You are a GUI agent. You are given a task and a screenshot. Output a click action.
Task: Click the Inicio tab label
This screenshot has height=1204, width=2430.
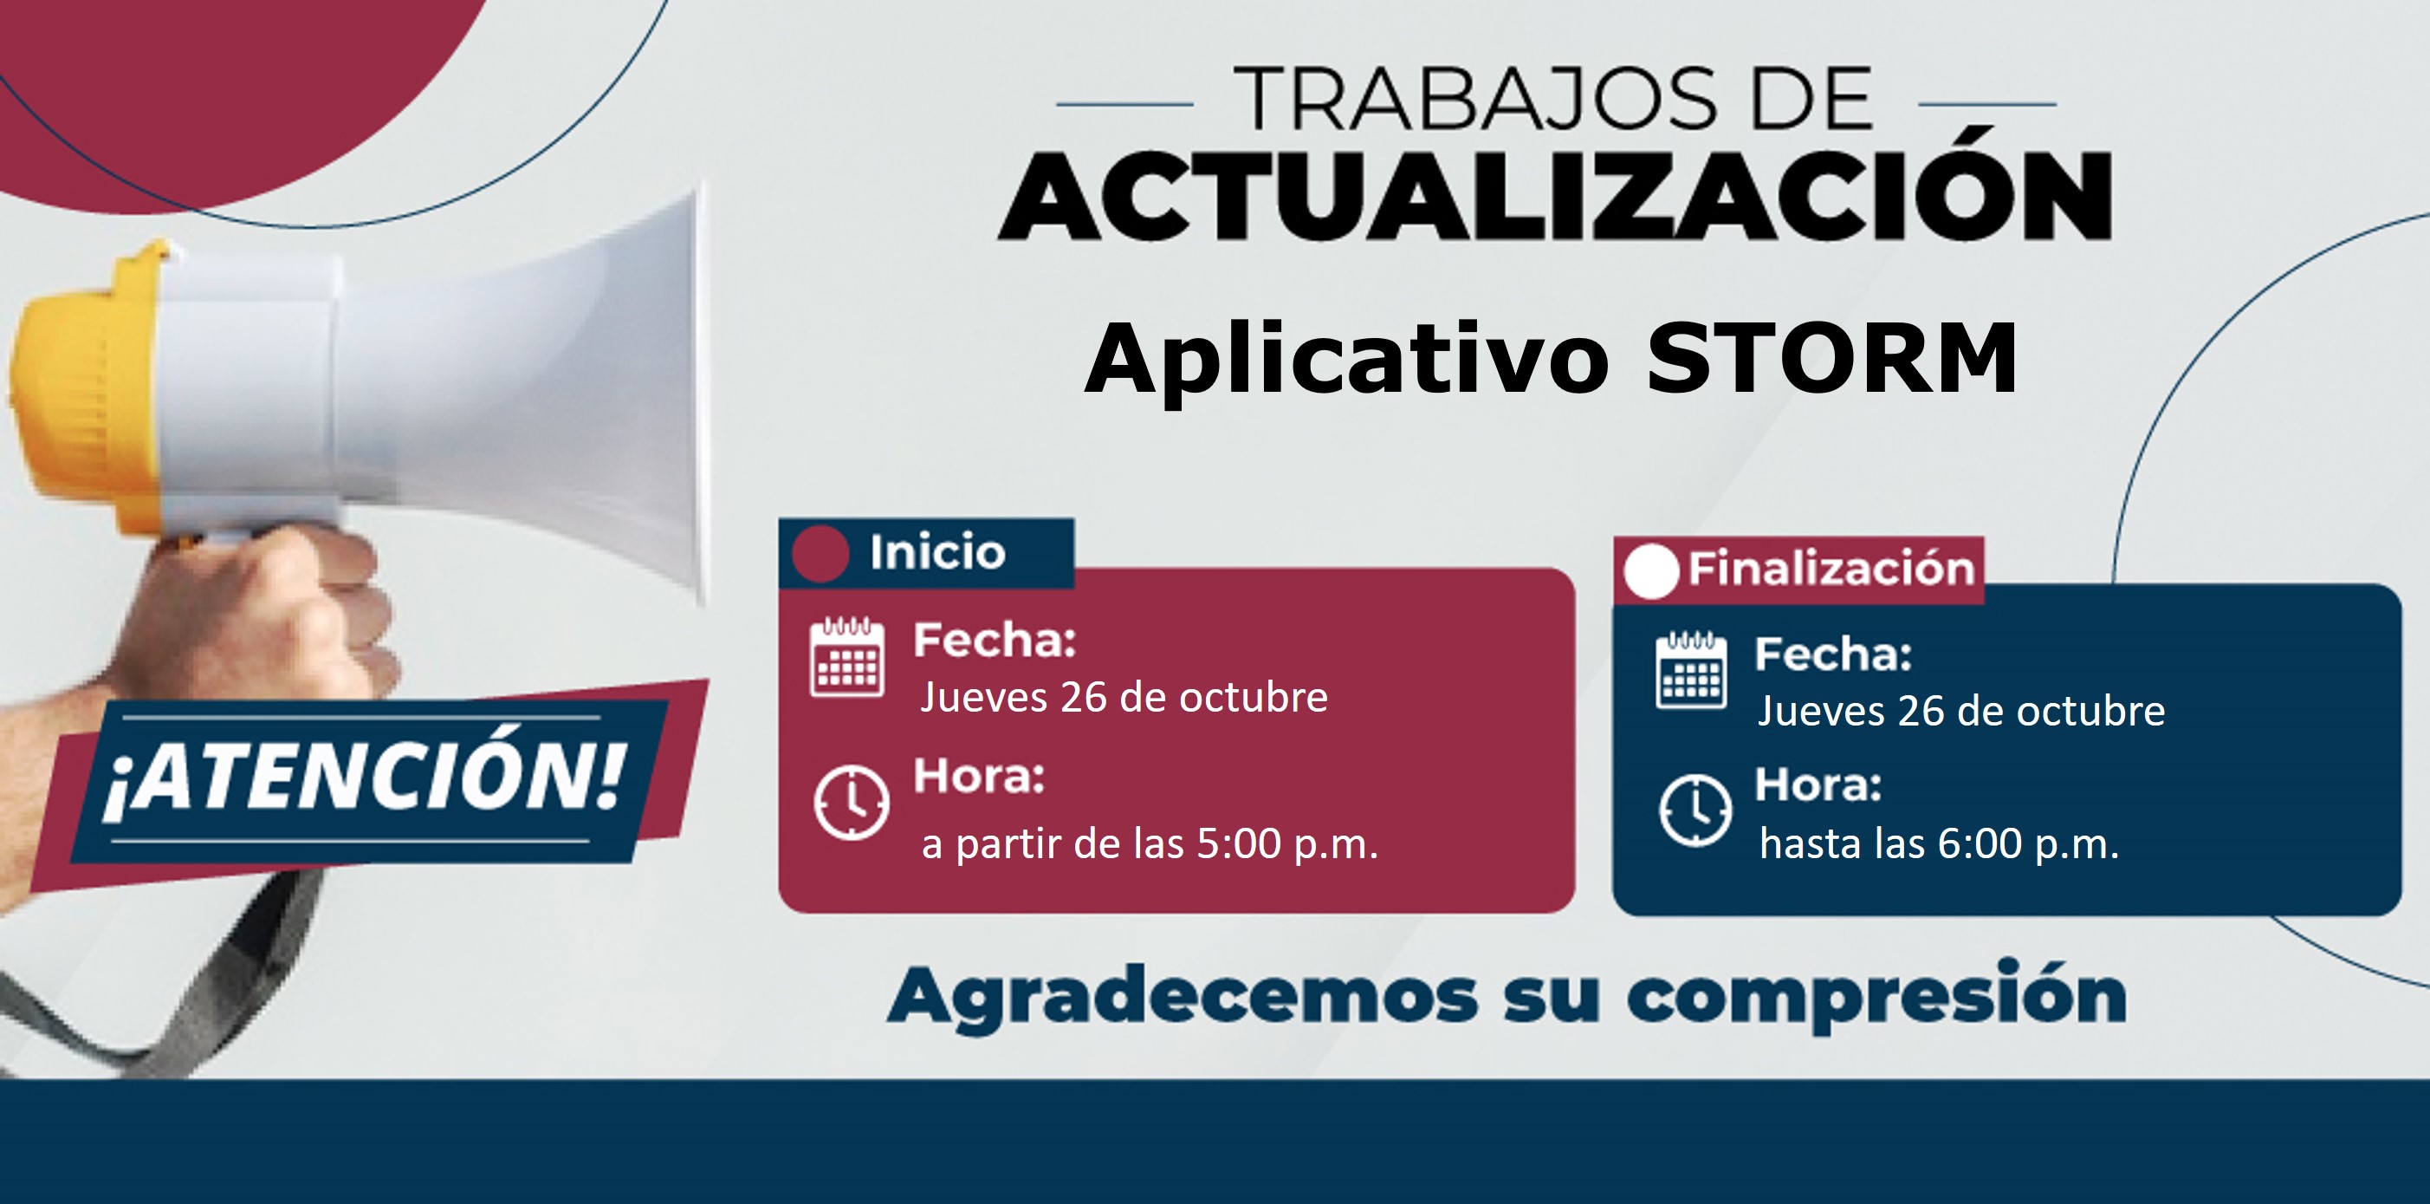point(937,552)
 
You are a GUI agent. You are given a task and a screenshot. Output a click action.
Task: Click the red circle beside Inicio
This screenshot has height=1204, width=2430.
point(820,554)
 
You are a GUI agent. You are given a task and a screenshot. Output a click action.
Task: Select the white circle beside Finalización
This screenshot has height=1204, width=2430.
point(1651,571)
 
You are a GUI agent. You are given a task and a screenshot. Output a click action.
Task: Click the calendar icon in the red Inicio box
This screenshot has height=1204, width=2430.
point(847,657)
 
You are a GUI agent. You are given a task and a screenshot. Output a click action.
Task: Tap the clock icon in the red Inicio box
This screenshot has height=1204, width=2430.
point(851,803)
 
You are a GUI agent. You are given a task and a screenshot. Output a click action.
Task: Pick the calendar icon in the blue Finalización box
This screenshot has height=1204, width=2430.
point(1691,670)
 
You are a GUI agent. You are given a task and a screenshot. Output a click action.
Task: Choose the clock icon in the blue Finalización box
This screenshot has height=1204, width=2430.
point(1695,810)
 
